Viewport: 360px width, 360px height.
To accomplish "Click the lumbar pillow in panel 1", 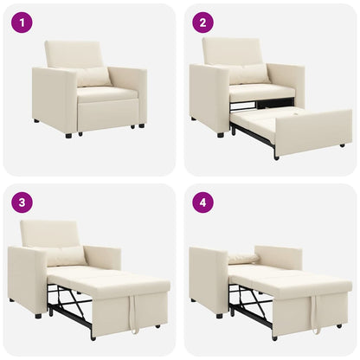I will coord(93,77).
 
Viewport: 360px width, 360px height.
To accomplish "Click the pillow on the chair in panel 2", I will coord(248,75).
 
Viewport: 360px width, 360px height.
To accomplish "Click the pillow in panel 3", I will coord(67,256).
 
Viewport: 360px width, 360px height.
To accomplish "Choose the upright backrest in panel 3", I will coord(49,233).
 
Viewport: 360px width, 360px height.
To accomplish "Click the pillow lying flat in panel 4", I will coord(244,258).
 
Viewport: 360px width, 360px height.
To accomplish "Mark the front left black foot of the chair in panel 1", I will coord(67,136).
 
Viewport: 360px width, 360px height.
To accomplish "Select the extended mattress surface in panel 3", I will coord(104,280).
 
